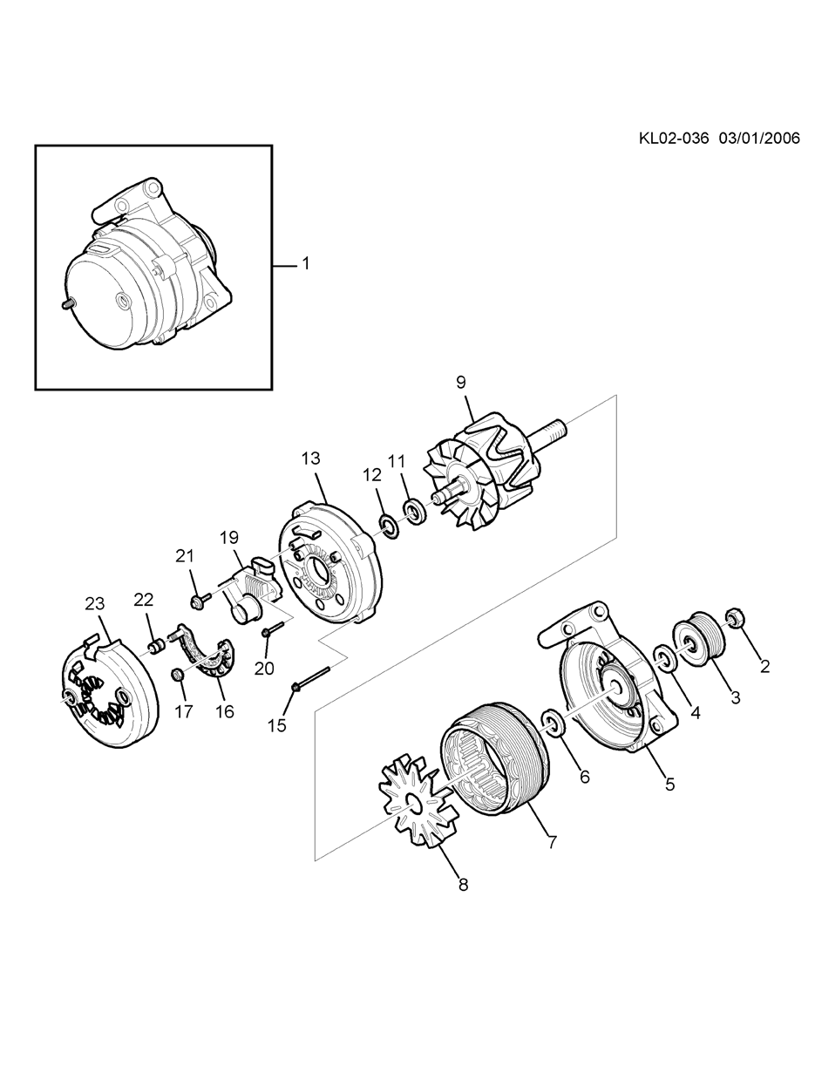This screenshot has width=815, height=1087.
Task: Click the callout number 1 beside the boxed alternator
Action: [x=306, y=263]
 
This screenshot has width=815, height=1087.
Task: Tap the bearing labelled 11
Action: [x=415, y=513]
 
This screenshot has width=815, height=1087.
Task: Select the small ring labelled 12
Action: [x=388, y=527]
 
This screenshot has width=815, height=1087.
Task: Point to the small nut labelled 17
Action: [x=177, y=675]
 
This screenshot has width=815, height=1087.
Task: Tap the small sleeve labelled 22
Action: [x=157, y=647]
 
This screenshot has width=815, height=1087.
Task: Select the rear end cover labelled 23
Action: [x=109, y=693]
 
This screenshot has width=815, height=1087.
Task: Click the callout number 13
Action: [x=311, y=459]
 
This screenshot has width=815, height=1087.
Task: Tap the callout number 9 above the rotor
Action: [x=460, y=382]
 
